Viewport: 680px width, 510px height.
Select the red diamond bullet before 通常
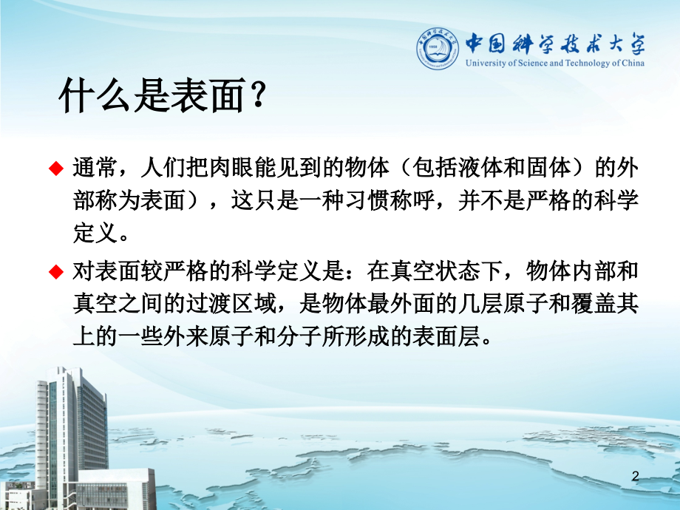pyautogui.click(x=55, y=169)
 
